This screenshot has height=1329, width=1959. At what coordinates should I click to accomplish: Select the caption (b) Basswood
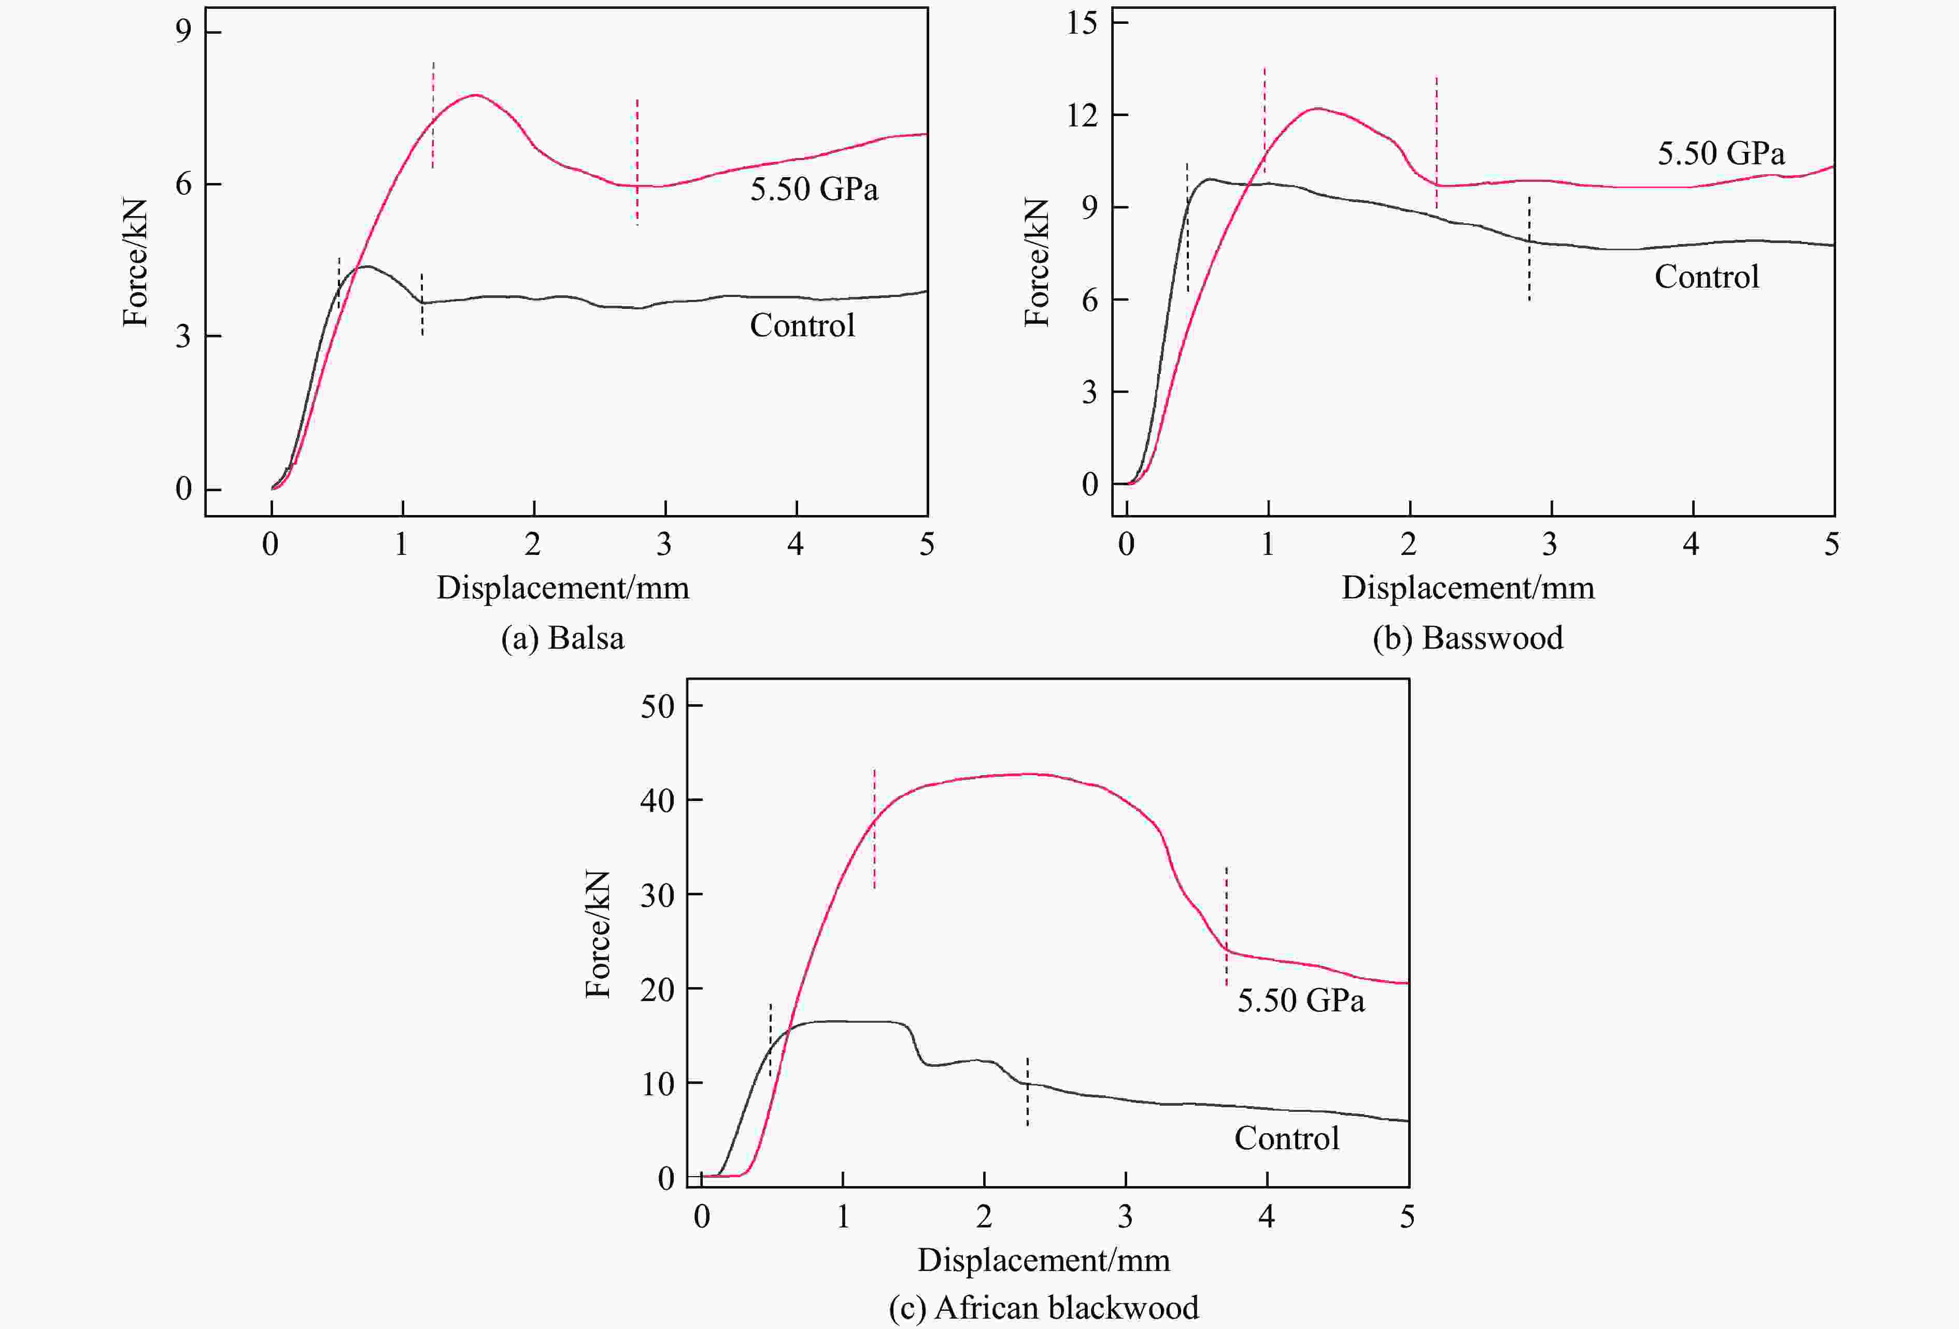tap(1468, 638)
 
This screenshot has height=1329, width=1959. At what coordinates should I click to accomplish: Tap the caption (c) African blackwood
tap(1044, 1307)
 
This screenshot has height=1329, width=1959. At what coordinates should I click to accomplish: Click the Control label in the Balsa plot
tap(802, 325)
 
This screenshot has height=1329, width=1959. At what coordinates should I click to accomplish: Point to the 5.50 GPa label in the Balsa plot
tap(814, 189)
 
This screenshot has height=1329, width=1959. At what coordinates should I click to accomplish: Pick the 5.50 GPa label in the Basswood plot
tap(1721, 153)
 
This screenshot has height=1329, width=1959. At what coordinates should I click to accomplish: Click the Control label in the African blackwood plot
tap(1286, 1138)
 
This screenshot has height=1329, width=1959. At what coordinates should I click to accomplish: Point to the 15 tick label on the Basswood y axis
tap(1082, 23)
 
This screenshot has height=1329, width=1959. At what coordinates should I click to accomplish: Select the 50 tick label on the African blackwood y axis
tap(658, 706)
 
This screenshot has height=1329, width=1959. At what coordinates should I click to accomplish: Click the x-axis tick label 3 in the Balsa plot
tap(664, 545)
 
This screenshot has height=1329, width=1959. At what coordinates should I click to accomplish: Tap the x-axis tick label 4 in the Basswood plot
tap(1690, 545)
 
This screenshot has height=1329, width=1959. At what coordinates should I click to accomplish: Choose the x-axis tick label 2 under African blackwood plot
tap(984, 1216)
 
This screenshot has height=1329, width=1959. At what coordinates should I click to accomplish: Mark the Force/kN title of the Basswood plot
tap(1037, 262)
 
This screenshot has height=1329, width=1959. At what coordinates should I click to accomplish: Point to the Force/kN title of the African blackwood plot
tap(598, 934)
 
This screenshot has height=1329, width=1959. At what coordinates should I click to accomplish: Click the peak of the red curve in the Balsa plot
tap(475, 94)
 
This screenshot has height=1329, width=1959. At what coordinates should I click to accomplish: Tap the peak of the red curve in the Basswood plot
tap(1317, 108)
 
